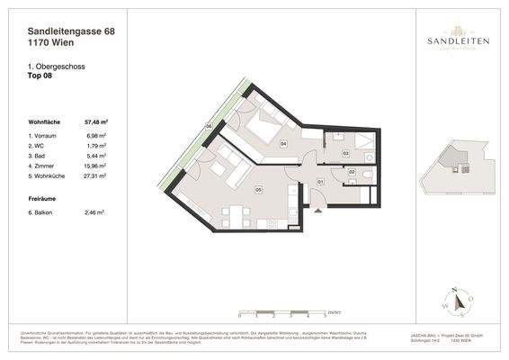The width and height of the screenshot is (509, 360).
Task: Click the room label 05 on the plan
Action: click(258, 190)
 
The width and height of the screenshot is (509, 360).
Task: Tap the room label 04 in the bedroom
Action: click(283, 143)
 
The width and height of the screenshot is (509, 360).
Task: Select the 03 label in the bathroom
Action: click(346, 154)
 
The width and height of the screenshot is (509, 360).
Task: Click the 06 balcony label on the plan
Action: click(209, 127)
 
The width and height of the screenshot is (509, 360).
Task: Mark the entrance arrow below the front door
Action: click(316, 210)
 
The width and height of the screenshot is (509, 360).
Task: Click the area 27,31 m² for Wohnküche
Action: click(95, 176)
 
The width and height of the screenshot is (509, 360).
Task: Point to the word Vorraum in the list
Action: click(47, 134)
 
